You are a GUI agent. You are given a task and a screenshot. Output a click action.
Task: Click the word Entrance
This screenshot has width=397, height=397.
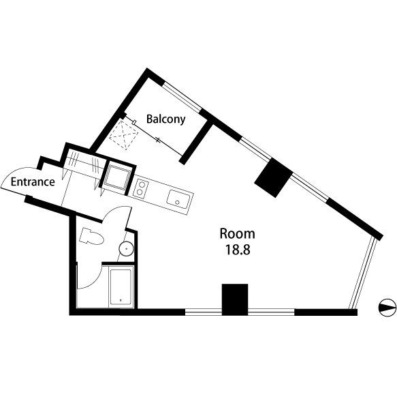point(32,182)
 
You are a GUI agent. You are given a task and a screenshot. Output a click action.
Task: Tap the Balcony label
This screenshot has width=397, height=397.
point(165,119)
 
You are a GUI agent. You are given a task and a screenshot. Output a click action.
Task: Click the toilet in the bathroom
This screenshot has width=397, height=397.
point(91,237)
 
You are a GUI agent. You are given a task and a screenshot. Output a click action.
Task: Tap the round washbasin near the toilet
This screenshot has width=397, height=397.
point(126,248)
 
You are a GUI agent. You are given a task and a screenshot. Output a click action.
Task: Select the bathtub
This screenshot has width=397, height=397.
point(122,286)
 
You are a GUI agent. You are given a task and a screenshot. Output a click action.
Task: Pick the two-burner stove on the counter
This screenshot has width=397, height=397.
point(140,187)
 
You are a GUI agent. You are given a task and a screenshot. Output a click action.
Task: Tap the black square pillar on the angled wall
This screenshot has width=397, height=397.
point(273,177)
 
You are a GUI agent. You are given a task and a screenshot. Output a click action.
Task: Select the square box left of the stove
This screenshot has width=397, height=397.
point(116,177)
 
